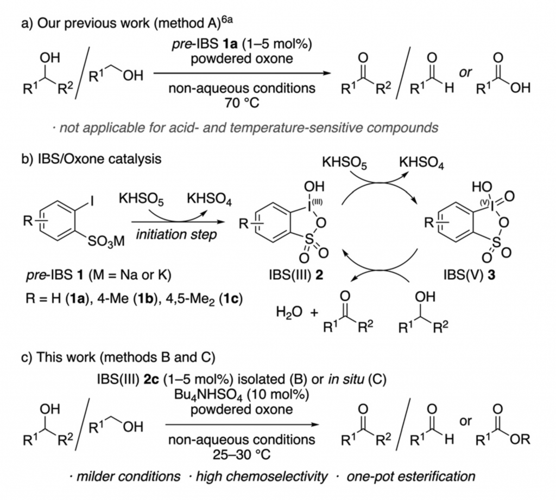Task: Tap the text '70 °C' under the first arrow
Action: (x=242, y=102)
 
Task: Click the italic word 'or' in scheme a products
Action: (x=465, y=73)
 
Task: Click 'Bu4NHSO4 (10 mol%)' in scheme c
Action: (x=241, y=394)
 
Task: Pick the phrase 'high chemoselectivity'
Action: (x=261, y=477)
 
